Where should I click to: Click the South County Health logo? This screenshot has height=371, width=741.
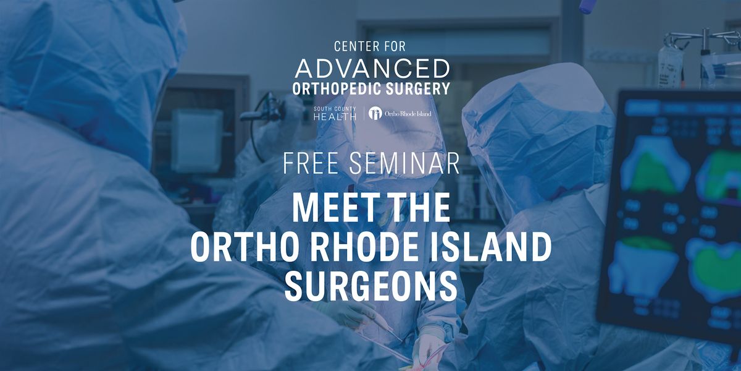pos(335,114)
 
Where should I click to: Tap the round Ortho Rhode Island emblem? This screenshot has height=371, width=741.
pos(375,113)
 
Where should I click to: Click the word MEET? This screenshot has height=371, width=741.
pos(330,208)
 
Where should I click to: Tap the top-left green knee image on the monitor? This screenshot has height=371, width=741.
pos(655,164)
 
